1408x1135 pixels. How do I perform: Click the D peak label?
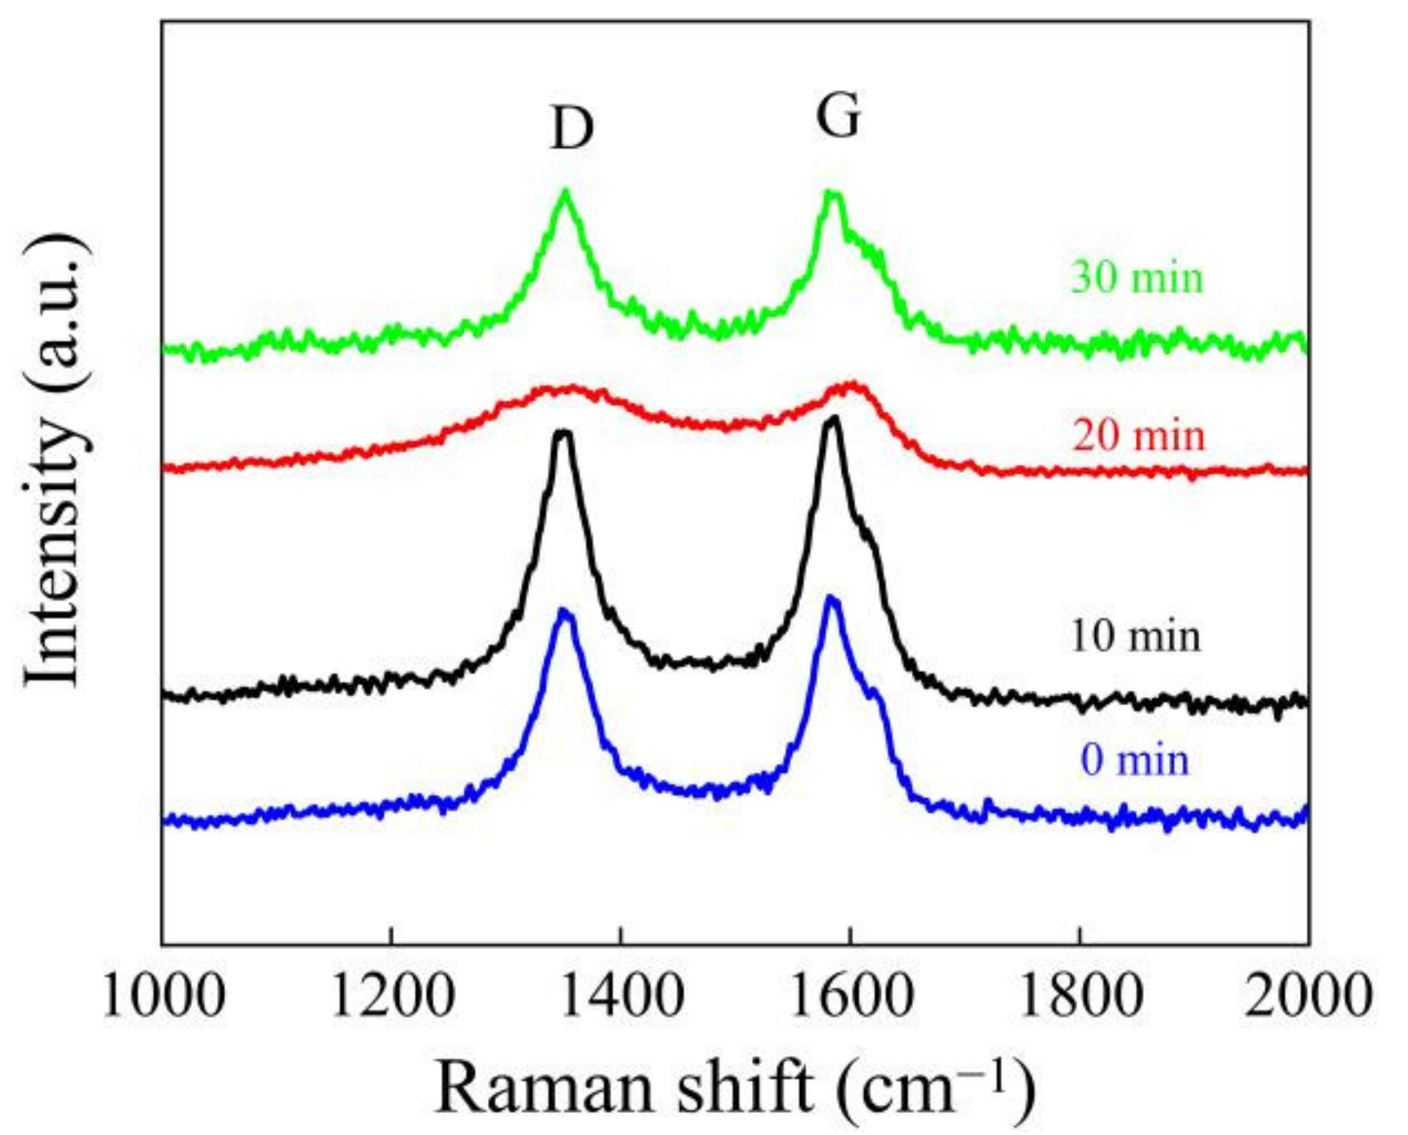pos(572,129)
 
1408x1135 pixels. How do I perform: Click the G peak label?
pos(838,117)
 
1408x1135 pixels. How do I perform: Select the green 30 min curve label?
pos(1136,278)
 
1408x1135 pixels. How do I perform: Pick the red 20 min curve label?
pos(1138,436)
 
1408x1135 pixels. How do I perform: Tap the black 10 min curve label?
pos(1135,636)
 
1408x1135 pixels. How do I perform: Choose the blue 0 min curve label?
pos(1135,760)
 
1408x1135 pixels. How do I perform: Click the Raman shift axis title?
pos(736,1087)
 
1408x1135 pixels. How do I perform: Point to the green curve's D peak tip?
pos(566,191)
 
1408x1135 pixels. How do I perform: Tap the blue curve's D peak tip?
pos(563,610)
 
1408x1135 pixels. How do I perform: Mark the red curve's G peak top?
pos(852,383)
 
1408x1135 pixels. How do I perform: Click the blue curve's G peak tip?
pos(830,598)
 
